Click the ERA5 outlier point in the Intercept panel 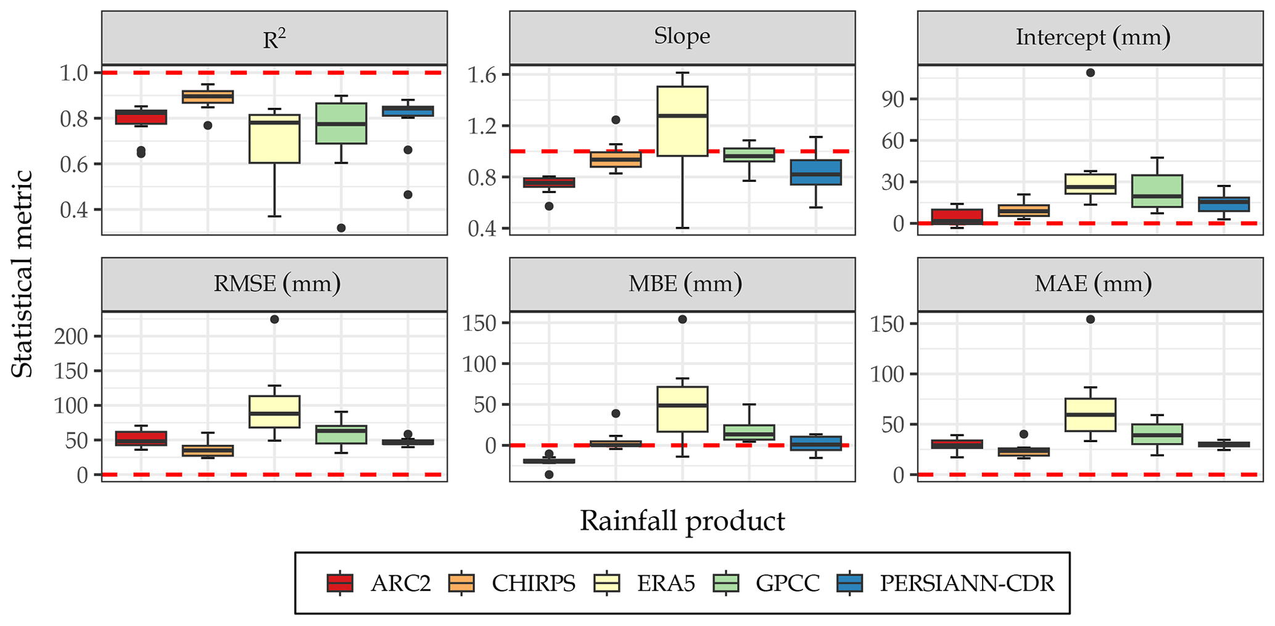coord(1091,73)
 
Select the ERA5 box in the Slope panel coord(682,121)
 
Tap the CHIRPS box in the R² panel coord(208,97)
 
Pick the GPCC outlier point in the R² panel coord(341,228)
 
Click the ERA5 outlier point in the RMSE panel coord(274,319)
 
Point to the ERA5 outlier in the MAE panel coord(1091,319)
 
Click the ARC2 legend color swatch coord(340,583)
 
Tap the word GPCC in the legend coord(788,583)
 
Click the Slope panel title coord(682,36)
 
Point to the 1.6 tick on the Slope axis coord(482,75)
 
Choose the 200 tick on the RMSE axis coord(71,336)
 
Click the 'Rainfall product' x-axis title coord(682,521)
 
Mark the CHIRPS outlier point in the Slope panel coord(616,120)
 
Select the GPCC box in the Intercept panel coord(1157,191)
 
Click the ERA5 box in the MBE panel coord(682,409)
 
